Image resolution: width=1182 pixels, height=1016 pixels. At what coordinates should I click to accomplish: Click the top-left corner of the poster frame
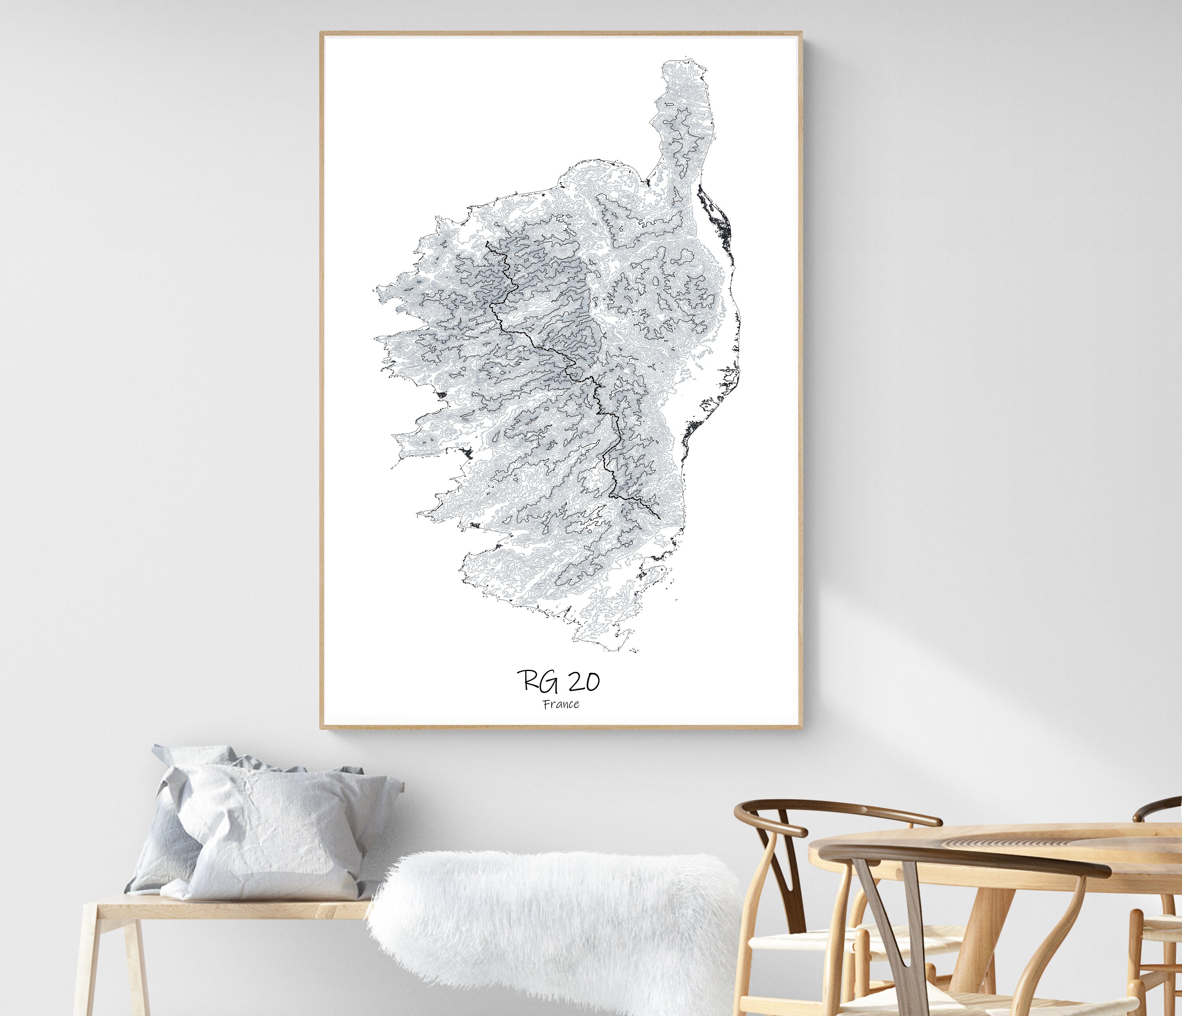(321, 33)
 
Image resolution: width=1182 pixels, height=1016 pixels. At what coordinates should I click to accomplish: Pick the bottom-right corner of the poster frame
(801, 728)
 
